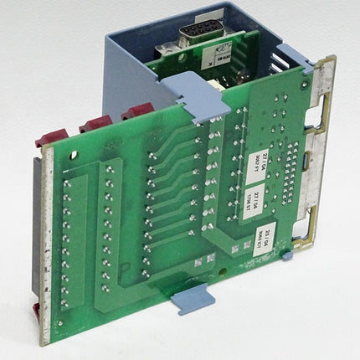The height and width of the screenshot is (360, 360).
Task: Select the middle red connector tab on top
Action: coord(93,123)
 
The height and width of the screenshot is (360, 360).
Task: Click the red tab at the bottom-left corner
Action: coord(37,311)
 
